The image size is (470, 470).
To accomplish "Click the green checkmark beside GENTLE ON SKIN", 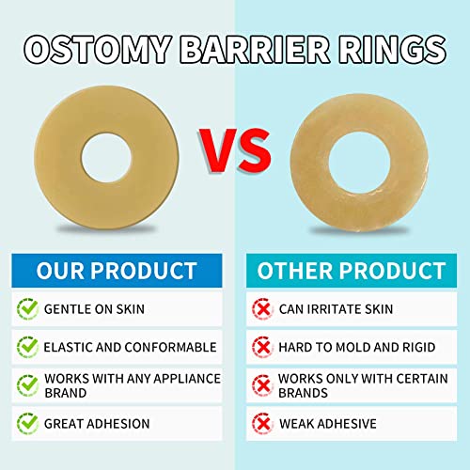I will point(28,308).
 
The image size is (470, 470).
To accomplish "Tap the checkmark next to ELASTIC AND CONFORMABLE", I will point(28,347).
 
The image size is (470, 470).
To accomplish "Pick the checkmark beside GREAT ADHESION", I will point(28,422).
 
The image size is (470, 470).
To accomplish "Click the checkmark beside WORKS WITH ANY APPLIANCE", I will point(28,385).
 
